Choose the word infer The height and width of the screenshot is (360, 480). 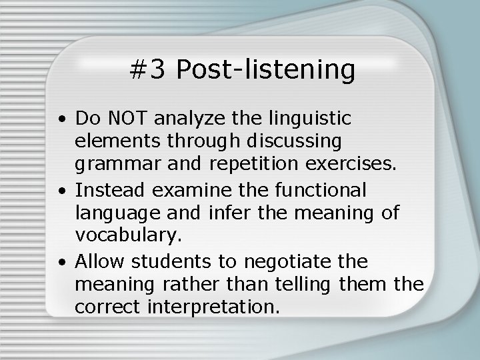click(247, 213)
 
